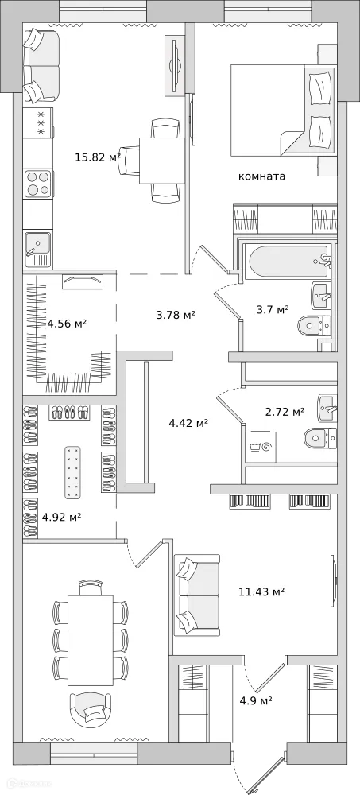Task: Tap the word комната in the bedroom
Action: tap(261, 176)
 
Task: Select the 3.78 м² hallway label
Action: tap(176, 314)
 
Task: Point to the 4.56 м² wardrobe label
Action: tap(67, 324)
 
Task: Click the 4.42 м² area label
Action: tap(188, 423)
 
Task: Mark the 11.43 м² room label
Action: tap(261, 591)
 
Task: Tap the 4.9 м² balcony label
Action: tap(256, 700)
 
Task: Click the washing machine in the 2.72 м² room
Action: tap(261, 444)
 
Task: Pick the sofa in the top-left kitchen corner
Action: tap(41, 62)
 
